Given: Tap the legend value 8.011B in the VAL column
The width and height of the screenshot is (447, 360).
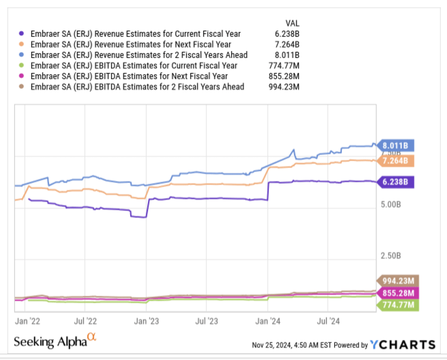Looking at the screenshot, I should pyautogui.click(x=288, y=55).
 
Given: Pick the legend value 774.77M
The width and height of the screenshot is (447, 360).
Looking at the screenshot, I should pyautogui.click(x=283, y=65).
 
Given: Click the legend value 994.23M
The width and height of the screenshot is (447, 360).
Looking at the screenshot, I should pyautogui.click(x=283, y=87).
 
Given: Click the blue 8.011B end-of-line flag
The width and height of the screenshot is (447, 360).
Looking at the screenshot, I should pyautogui.click(x=397, y=145).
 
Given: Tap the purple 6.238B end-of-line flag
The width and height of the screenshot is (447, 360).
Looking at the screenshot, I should pyautogui.click(x=397, y=182).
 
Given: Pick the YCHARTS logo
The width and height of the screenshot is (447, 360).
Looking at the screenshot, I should pyautogui.click(x=403, y=345).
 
